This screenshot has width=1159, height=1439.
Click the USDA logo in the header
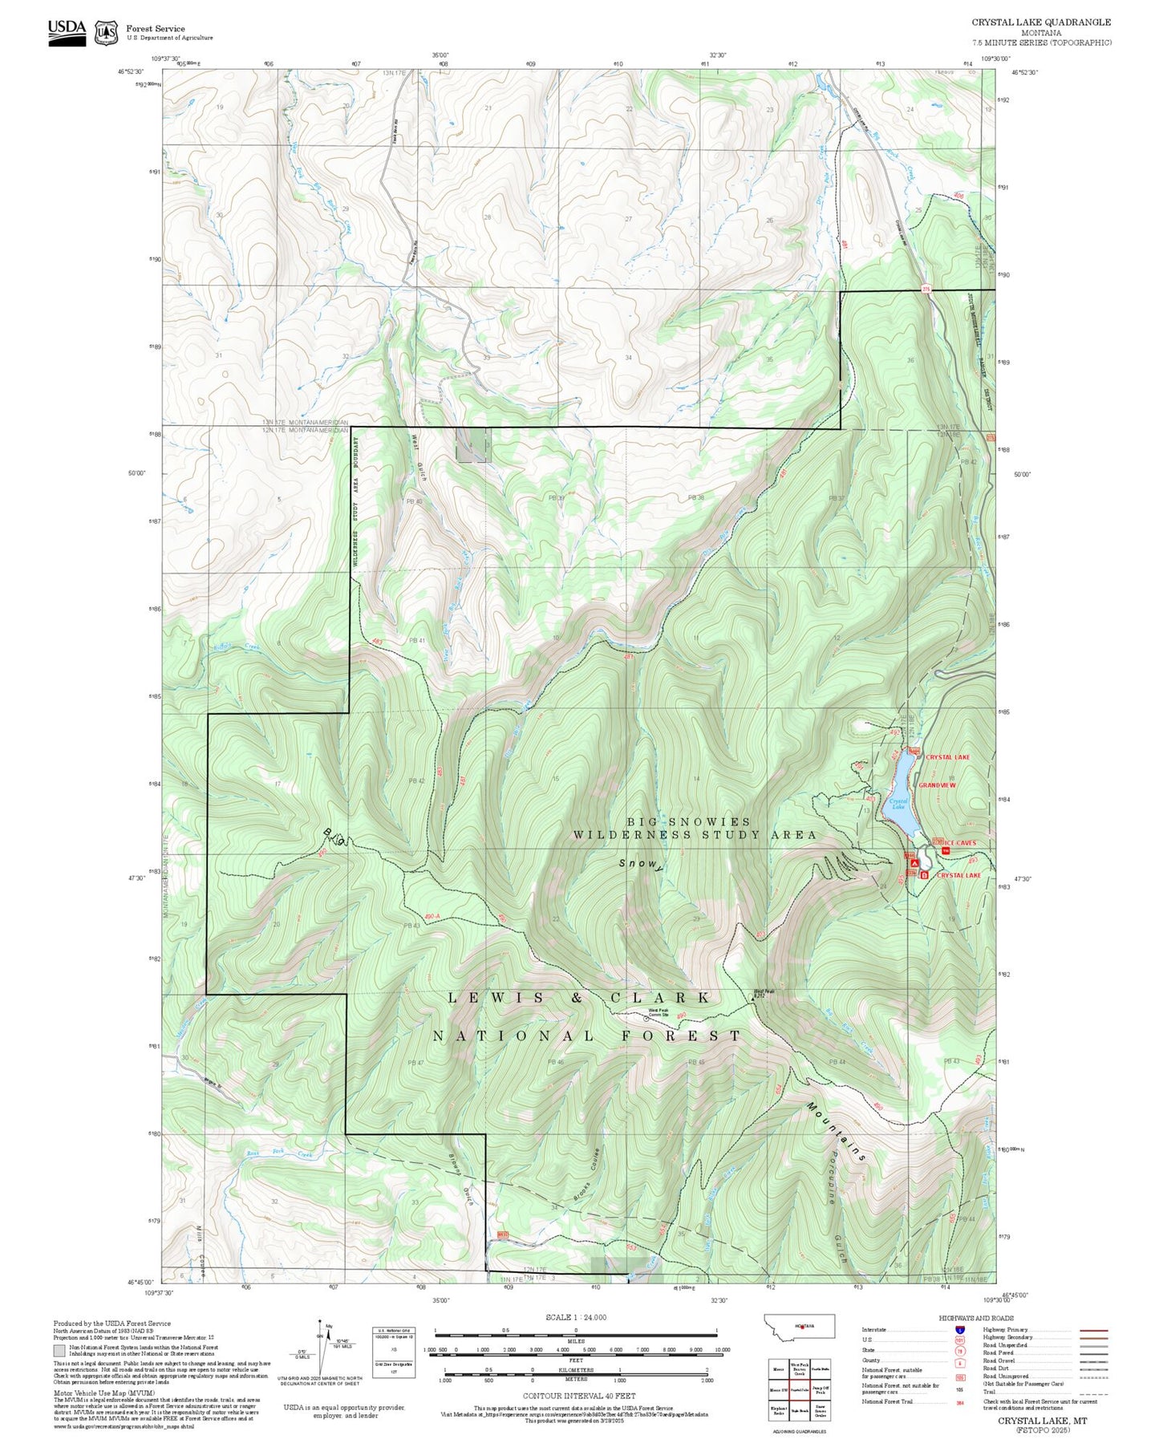[67, 30]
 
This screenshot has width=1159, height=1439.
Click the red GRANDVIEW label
[937, 785]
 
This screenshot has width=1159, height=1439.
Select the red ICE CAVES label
[959, 843]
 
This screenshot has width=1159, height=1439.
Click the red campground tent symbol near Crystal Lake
[911, 864]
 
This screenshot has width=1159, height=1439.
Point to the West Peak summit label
[764, 991]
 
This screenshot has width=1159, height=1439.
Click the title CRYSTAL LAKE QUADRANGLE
[1041, 22]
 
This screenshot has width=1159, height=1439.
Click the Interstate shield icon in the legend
[959, 1329]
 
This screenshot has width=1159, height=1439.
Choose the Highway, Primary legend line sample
[1093, 1330]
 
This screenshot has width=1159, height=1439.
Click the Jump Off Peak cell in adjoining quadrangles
[821, 1390]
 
